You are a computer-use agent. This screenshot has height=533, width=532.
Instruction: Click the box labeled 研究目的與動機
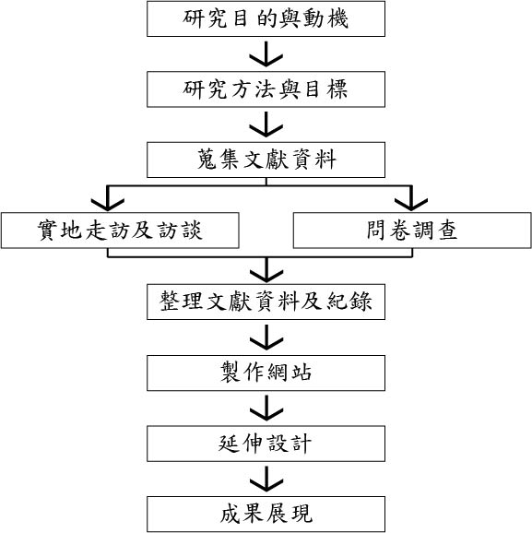click(266, 18)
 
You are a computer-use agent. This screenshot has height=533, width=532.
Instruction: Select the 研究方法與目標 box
click(266, 89)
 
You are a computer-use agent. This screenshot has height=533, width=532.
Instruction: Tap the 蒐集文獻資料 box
click(266, 160)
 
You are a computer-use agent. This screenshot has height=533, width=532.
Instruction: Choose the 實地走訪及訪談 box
click(120, 231)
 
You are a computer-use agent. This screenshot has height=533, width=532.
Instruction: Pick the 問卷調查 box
click(412, 231)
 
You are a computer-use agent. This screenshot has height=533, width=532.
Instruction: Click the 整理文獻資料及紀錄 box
click(266, 302)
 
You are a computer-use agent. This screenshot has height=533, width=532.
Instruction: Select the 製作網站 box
click(266, 373)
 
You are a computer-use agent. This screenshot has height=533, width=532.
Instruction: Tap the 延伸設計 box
click(266, 444)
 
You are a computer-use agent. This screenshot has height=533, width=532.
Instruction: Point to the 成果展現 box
click(266, 514)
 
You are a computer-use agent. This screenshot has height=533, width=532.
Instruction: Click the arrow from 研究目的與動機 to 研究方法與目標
click(266, 54)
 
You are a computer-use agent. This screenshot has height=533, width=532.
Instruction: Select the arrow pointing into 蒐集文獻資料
click(266, 124)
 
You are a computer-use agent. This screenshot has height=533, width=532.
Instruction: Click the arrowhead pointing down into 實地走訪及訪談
click(108, 205)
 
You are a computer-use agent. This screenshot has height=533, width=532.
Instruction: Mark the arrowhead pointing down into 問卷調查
click(411, 205)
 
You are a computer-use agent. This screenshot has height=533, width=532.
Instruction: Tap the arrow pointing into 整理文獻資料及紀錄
click(266, 270)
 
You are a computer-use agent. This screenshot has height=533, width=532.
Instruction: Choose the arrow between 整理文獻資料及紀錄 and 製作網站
click(266, 338)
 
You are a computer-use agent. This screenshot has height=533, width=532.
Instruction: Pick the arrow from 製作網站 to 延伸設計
click(266, 409)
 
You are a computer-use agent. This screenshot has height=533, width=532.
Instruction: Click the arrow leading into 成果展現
click(266, 479)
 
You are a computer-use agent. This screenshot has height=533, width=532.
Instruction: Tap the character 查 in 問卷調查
click(447, 231)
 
